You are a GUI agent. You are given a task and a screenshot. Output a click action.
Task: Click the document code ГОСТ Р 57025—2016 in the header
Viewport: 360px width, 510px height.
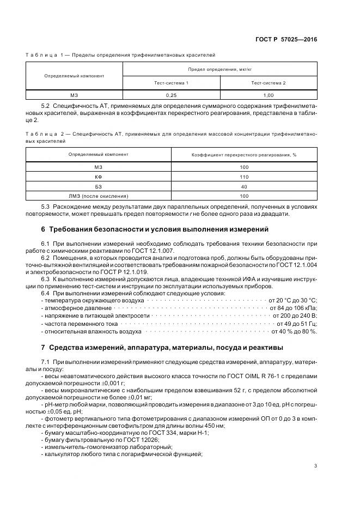[290, 40]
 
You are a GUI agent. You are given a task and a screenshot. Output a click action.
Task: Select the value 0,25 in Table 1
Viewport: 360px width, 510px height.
[171, 95]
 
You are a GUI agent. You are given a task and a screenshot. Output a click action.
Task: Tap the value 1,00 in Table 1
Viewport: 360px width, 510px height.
[268, 95]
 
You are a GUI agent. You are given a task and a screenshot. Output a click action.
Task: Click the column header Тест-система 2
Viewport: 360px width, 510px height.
[268, 82]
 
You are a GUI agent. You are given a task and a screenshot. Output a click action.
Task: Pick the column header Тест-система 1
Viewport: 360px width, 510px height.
[171, 82]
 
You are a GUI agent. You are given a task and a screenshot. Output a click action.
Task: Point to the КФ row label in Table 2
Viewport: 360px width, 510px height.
[99, 177]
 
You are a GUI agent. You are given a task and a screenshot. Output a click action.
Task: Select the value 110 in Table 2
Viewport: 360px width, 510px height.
[243, 177]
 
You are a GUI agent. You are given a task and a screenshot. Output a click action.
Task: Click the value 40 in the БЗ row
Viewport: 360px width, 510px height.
[243, 186]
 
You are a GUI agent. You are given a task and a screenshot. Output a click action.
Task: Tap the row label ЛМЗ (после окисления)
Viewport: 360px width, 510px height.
[99, 196]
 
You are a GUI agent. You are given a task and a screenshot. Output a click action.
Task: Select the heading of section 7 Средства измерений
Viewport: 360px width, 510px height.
[166, 347]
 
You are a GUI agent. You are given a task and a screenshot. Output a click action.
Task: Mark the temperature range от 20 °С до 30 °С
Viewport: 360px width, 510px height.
[292, 300]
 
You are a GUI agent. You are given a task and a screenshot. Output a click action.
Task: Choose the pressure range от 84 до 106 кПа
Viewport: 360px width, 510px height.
[294, 308]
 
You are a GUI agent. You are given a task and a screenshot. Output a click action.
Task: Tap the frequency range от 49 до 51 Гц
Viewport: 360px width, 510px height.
[295, 323]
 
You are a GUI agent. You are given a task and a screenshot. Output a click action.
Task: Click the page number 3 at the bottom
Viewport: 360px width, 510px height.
[315, 465]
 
